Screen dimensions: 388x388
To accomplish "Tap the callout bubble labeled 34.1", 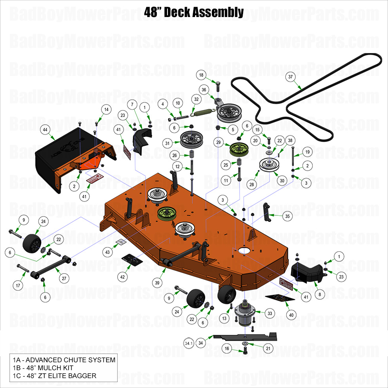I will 189,343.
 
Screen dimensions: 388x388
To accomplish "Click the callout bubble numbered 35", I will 287,216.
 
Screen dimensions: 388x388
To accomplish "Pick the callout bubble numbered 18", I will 201,75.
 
